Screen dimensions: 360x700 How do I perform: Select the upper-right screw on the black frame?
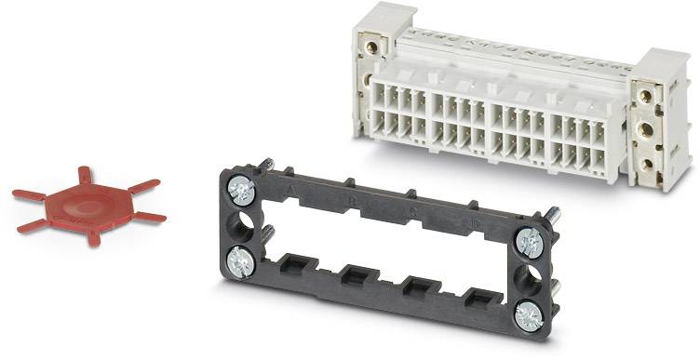530,242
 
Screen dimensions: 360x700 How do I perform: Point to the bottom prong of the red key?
93,237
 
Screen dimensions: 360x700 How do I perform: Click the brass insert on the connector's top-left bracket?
372,46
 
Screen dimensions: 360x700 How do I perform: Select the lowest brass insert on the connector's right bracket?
645,164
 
